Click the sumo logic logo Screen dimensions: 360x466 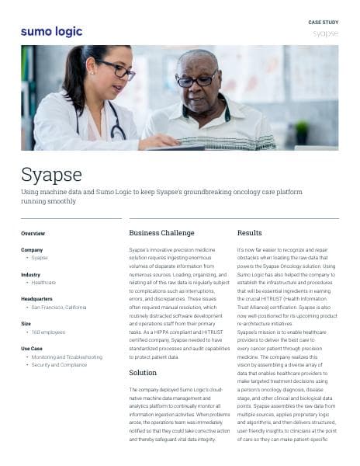coord(51,32)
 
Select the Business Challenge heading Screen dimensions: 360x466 coord(161,233)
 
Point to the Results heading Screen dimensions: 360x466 coord(249,233)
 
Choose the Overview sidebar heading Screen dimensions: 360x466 coord(33,233)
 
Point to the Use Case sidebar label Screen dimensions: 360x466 coord(32,349)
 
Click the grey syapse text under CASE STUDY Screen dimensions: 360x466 coord(324,34)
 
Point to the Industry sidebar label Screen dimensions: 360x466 coord(30,274)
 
